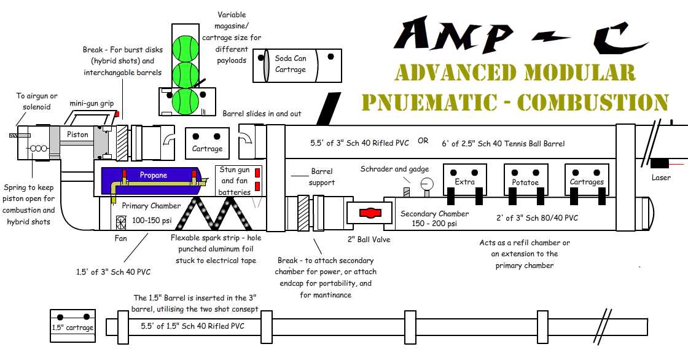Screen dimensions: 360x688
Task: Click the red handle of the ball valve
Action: (x=369, y=213)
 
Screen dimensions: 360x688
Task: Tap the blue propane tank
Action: (x=154, y=176)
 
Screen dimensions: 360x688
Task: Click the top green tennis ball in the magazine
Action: (x=185, y=47)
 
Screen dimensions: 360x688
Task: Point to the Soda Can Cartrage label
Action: (x=291, y=64)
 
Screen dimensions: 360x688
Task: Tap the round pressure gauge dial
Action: (x=427, y=184)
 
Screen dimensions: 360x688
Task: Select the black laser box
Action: (x=660, y=164)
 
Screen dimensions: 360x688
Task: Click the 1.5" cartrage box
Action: (x=72, y=324)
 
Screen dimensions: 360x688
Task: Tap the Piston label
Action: (x=77, y=135)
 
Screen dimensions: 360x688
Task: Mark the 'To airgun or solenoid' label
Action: (x=37, y=101)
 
